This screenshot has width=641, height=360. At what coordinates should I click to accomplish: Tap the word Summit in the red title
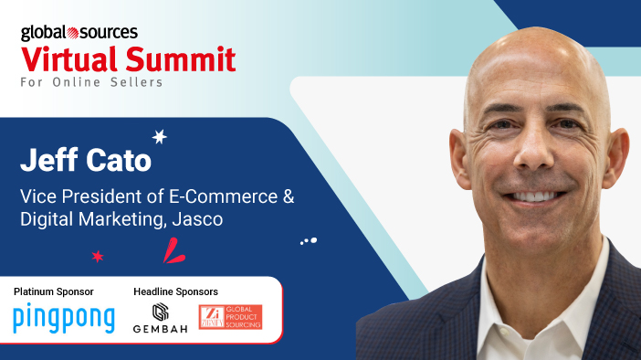pos(181,59)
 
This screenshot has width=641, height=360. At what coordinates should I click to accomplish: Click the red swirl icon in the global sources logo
pos(73,33)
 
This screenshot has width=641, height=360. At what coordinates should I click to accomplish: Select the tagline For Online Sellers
pos(91,82)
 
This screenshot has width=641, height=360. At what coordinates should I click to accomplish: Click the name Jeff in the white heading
pos(49,159)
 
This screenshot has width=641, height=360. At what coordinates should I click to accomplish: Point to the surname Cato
pos(119,160)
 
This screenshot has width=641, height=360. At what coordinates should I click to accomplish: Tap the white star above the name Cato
pos(160,137)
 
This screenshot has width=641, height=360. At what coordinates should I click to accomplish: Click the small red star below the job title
pos(98,257)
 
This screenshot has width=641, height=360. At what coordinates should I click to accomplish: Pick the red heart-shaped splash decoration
pos(173,250)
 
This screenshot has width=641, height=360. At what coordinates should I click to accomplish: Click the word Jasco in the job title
pos(197,219)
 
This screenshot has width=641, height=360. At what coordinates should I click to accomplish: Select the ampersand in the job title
pos(289,196)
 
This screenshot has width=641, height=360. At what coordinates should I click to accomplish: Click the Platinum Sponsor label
pos(54,291)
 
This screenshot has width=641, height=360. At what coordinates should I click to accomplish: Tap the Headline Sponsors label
pos(176,291)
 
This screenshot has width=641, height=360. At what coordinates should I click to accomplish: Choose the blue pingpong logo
pos(64,318)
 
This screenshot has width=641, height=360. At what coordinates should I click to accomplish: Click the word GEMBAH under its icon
pos(161,329)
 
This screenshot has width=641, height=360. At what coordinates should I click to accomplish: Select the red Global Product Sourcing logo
pos(231,317)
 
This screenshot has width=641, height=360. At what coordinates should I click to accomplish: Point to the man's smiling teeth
pos(534,196)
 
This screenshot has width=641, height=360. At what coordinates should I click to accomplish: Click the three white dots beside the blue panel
pos(309,241)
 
